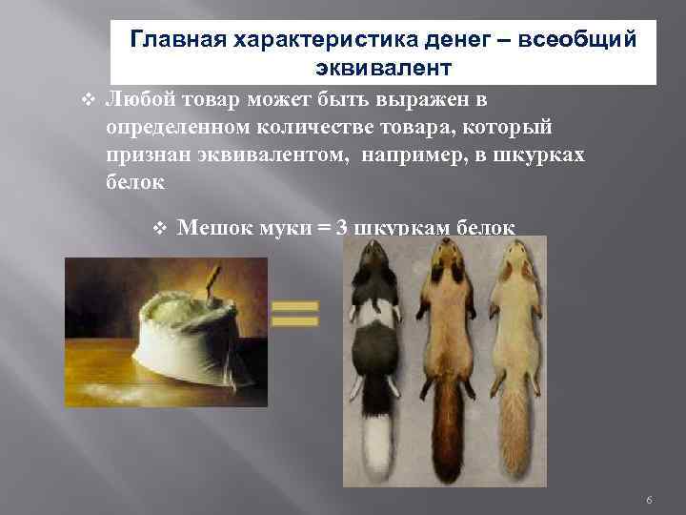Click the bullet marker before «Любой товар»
click(87, 99)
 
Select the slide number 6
click(648, 501)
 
